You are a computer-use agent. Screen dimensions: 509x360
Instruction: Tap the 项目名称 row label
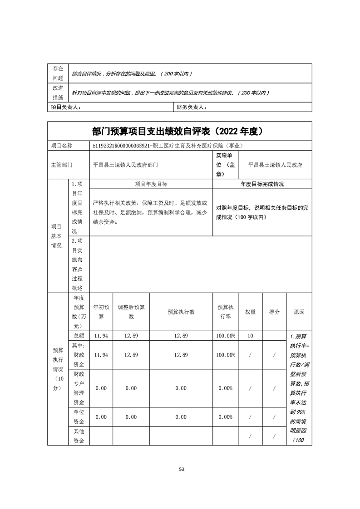click(62, 146)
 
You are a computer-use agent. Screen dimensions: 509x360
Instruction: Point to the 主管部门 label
click(62, 165)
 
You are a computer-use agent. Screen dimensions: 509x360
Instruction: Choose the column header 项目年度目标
click(151, 184)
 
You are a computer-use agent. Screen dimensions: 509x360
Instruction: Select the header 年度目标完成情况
click(262, 184)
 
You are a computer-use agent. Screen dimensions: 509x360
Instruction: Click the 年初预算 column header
click(101, 312)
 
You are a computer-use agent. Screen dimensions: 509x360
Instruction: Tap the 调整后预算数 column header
click(131, 312)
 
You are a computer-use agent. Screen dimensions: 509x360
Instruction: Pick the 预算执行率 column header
click(226, 312)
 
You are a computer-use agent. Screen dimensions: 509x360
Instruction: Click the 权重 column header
click(250, 312)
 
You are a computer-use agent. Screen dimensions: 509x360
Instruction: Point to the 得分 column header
click(274, 312)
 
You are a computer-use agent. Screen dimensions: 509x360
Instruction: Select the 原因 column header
click(299, 312)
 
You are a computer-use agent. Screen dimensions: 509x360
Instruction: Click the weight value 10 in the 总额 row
click(250, 336)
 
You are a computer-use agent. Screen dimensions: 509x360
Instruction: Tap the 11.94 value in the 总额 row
click(101, 336)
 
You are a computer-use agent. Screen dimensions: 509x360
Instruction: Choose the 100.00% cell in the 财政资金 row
click(226, 355)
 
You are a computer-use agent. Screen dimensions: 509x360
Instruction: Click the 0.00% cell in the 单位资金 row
click(226, 417)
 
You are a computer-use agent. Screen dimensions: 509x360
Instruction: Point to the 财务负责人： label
click(191, 107)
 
